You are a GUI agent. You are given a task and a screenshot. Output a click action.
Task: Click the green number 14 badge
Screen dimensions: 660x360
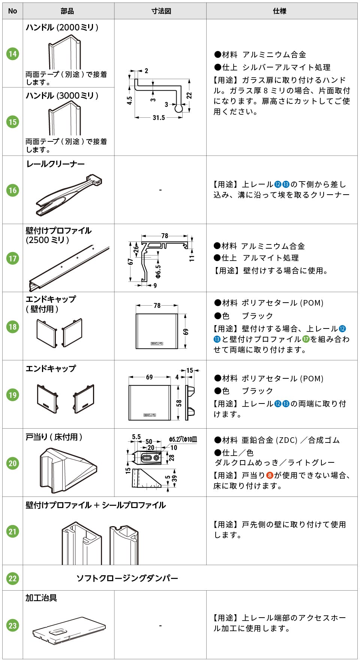(x=12, y=54)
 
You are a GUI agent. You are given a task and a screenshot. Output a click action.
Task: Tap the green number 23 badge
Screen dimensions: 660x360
(x=12, y=625)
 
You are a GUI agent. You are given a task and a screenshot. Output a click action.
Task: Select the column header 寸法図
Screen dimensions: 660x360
(x=161, y=11)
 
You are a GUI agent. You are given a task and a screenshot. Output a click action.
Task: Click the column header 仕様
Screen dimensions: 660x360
(x=279, y=11)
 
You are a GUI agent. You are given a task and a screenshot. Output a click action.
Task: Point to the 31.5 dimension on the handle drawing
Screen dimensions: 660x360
(x=158, y=118)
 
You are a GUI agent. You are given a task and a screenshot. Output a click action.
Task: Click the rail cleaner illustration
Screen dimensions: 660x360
(x=69, y=195)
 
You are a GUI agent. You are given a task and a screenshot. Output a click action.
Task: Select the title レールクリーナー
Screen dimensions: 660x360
(x=55, y=164)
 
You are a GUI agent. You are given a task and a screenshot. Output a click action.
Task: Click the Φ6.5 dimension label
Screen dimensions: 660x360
(x=158, y=270)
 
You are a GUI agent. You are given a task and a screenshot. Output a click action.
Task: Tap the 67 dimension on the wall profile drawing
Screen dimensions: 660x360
(x=130, y=261)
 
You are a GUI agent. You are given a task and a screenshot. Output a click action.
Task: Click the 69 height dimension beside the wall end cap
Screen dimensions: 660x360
(x=186, y=331)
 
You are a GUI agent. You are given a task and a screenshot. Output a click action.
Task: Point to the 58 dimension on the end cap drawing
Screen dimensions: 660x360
(x=179, y=403)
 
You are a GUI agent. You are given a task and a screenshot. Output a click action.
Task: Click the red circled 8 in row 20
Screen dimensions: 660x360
(x=269, y=475)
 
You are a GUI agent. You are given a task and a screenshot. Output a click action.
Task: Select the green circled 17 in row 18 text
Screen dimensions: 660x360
(x=306, y=339)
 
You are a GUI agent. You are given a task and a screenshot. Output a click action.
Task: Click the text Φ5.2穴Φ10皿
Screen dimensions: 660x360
(x=183, y=439)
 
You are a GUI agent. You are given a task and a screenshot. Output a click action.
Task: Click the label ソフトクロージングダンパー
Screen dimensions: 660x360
(x=127, y=578)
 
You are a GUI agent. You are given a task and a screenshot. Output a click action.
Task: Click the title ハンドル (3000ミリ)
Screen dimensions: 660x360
(x=62, y=96)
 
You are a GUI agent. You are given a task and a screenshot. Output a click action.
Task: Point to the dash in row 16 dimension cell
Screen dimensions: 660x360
(x=160, y=190)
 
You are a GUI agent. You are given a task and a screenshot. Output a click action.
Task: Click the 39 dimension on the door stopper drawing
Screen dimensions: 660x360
(x=174, y=478)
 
